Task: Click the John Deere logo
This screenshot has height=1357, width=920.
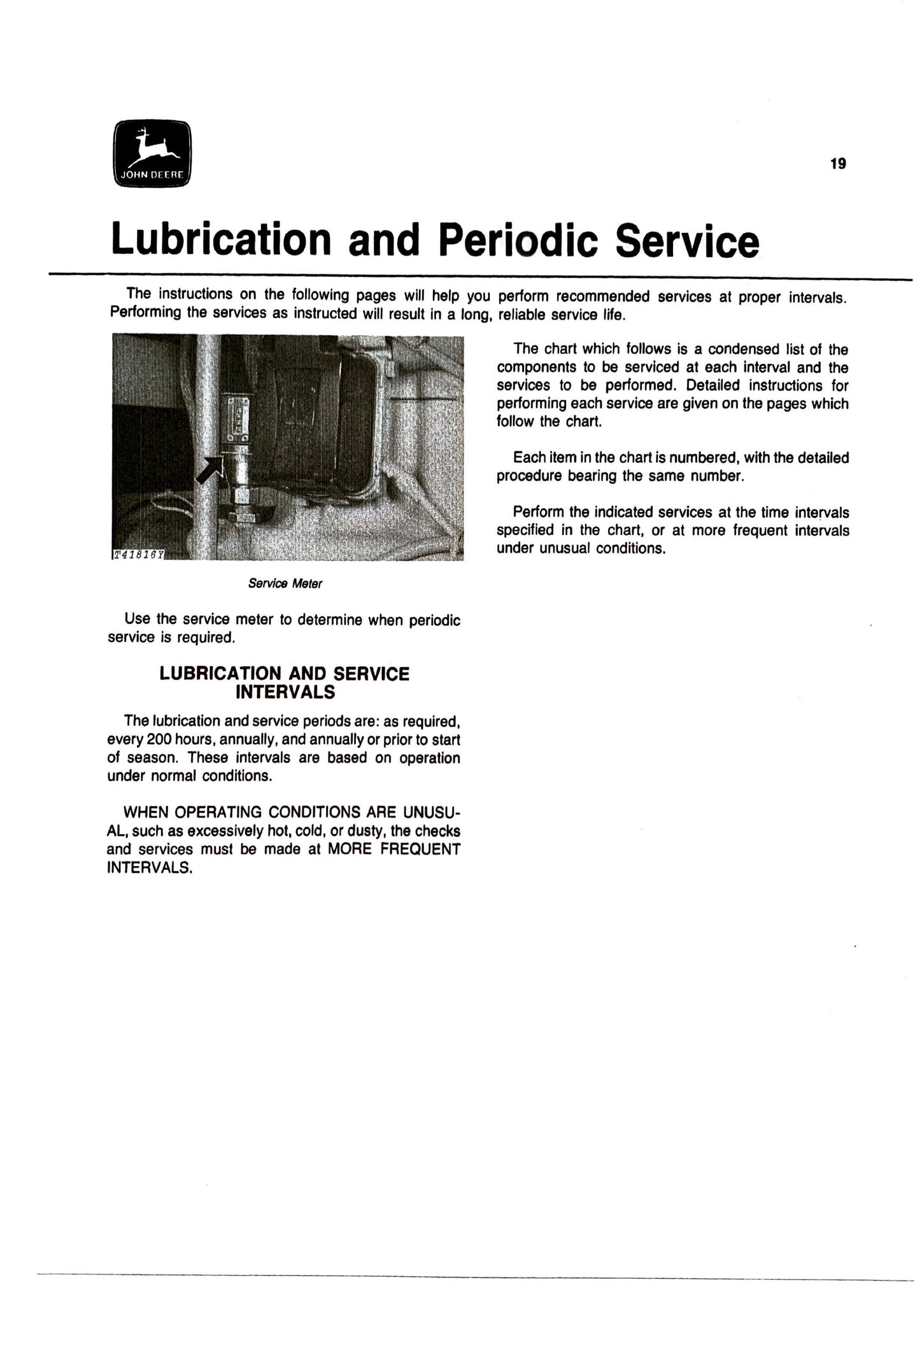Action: tap(152, 153)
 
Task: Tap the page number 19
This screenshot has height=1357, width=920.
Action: tap(838, 164)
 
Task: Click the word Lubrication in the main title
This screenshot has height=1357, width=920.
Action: tap(221, 239)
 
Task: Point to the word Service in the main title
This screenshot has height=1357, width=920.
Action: tap(687, 241)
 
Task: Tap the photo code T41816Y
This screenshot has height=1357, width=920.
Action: tap(138, 555)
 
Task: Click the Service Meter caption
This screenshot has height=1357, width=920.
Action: tap(285, 583)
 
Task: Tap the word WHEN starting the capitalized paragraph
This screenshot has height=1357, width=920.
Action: tap(146, 813)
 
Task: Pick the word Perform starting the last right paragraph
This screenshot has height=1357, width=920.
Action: tap(537, 512)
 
